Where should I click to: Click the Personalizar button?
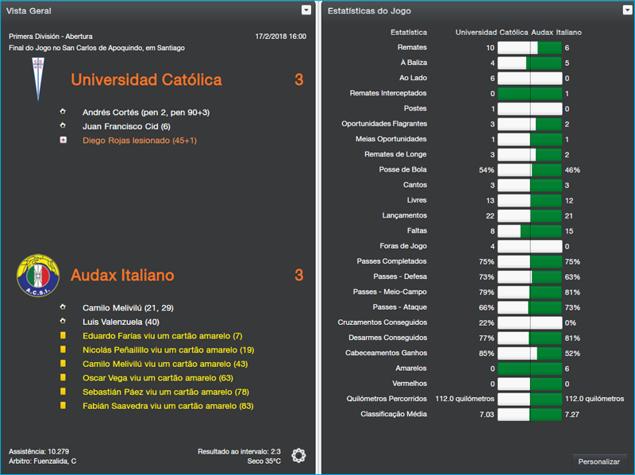(x=599, y=461)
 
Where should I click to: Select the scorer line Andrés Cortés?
(x=146, y=112)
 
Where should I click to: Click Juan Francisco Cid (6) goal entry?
(x=126, y=126)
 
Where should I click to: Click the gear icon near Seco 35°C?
(x=298, y=455)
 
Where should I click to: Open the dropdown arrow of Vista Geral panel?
(x=306, y=10)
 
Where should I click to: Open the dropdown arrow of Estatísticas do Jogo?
(x=627, y=10)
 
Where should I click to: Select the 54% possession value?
(x=487, y=170)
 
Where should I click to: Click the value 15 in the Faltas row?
(x=569, y=231)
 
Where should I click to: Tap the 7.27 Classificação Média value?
(x=572, y=414)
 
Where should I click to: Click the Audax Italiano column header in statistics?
(x=556, y=33)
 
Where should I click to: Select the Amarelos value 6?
(x=567, y=369)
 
